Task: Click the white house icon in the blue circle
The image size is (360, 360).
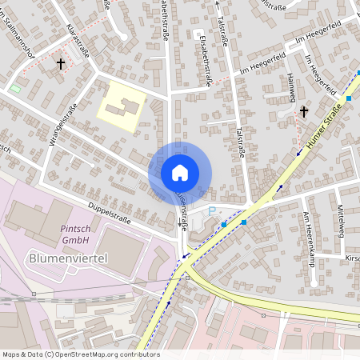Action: pos(180,173)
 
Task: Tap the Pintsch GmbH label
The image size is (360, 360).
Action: pos(75,233)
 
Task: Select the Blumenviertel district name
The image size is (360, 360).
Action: pos(68,258)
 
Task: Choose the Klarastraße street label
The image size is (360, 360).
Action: pos(78,41)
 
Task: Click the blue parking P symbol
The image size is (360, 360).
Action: pos(212,210)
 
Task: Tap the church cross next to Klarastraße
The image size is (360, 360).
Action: pos(61,63)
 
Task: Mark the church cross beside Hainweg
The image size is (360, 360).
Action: pos(303,112)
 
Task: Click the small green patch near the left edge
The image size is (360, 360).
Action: pos(17,87)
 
